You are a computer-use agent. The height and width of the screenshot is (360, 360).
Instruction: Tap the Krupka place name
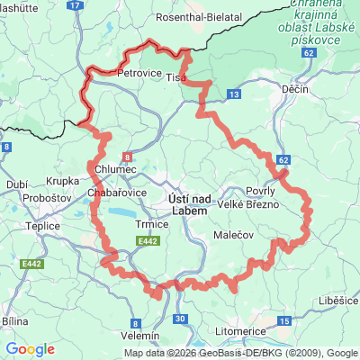pos(63,180)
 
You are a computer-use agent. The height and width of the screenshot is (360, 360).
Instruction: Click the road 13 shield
pos(234,94)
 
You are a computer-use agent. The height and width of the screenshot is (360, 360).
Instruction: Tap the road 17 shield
pos(75,5)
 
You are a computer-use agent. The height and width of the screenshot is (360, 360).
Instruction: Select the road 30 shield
pos(181,319)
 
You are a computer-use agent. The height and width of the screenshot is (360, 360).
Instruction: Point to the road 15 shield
pos(284,321)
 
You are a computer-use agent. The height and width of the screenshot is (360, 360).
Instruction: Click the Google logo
pos(31,349)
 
